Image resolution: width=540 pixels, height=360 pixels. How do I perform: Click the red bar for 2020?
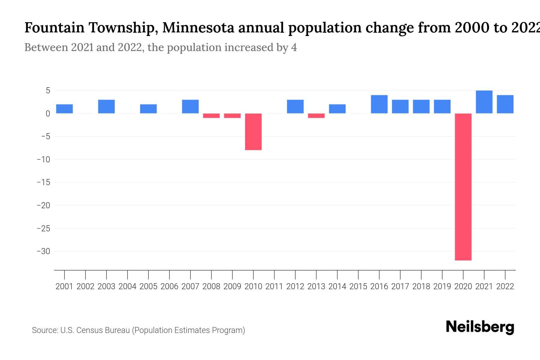pos(463,187)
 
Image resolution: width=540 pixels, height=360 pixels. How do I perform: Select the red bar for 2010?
pos(253,132)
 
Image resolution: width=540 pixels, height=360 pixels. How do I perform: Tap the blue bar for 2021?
pos(484,102)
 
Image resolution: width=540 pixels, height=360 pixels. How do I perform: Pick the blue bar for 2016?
pos(379,104)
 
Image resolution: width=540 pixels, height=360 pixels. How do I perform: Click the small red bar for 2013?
pos(316,116)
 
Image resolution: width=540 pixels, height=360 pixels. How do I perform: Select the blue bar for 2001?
pos(64,109)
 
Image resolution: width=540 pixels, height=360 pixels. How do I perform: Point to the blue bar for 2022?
pos(505,104)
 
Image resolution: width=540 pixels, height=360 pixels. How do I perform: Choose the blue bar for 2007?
pos(190,106)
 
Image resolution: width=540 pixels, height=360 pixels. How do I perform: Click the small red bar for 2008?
pos(211,116)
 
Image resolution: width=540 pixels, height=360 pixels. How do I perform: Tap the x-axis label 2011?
pos(274,286)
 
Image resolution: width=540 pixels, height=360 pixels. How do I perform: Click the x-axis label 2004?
pos(127,286)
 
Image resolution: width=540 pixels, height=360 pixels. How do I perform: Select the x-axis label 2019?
pos(442,286)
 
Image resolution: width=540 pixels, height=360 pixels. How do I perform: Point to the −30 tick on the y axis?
pos(43,251)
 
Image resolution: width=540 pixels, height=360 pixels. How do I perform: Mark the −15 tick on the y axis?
pos(43,182)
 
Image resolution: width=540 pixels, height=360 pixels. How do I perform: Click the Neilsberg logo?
pos(480,327)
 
